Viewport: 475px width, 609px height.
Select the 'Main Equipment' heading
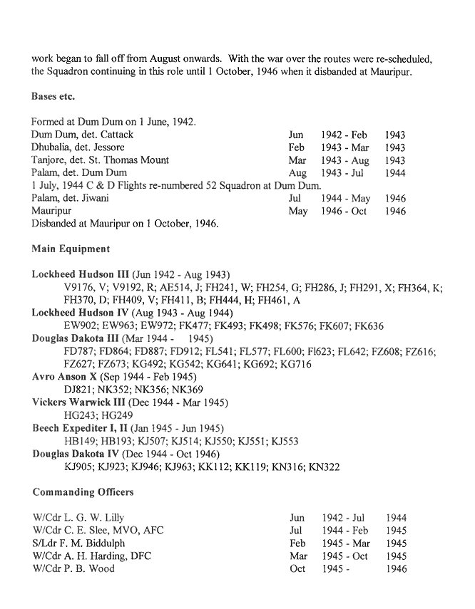click(x=71, y=249)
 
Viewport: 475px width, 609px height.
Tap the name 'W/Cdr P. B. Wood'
click(x=73, y=569)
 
